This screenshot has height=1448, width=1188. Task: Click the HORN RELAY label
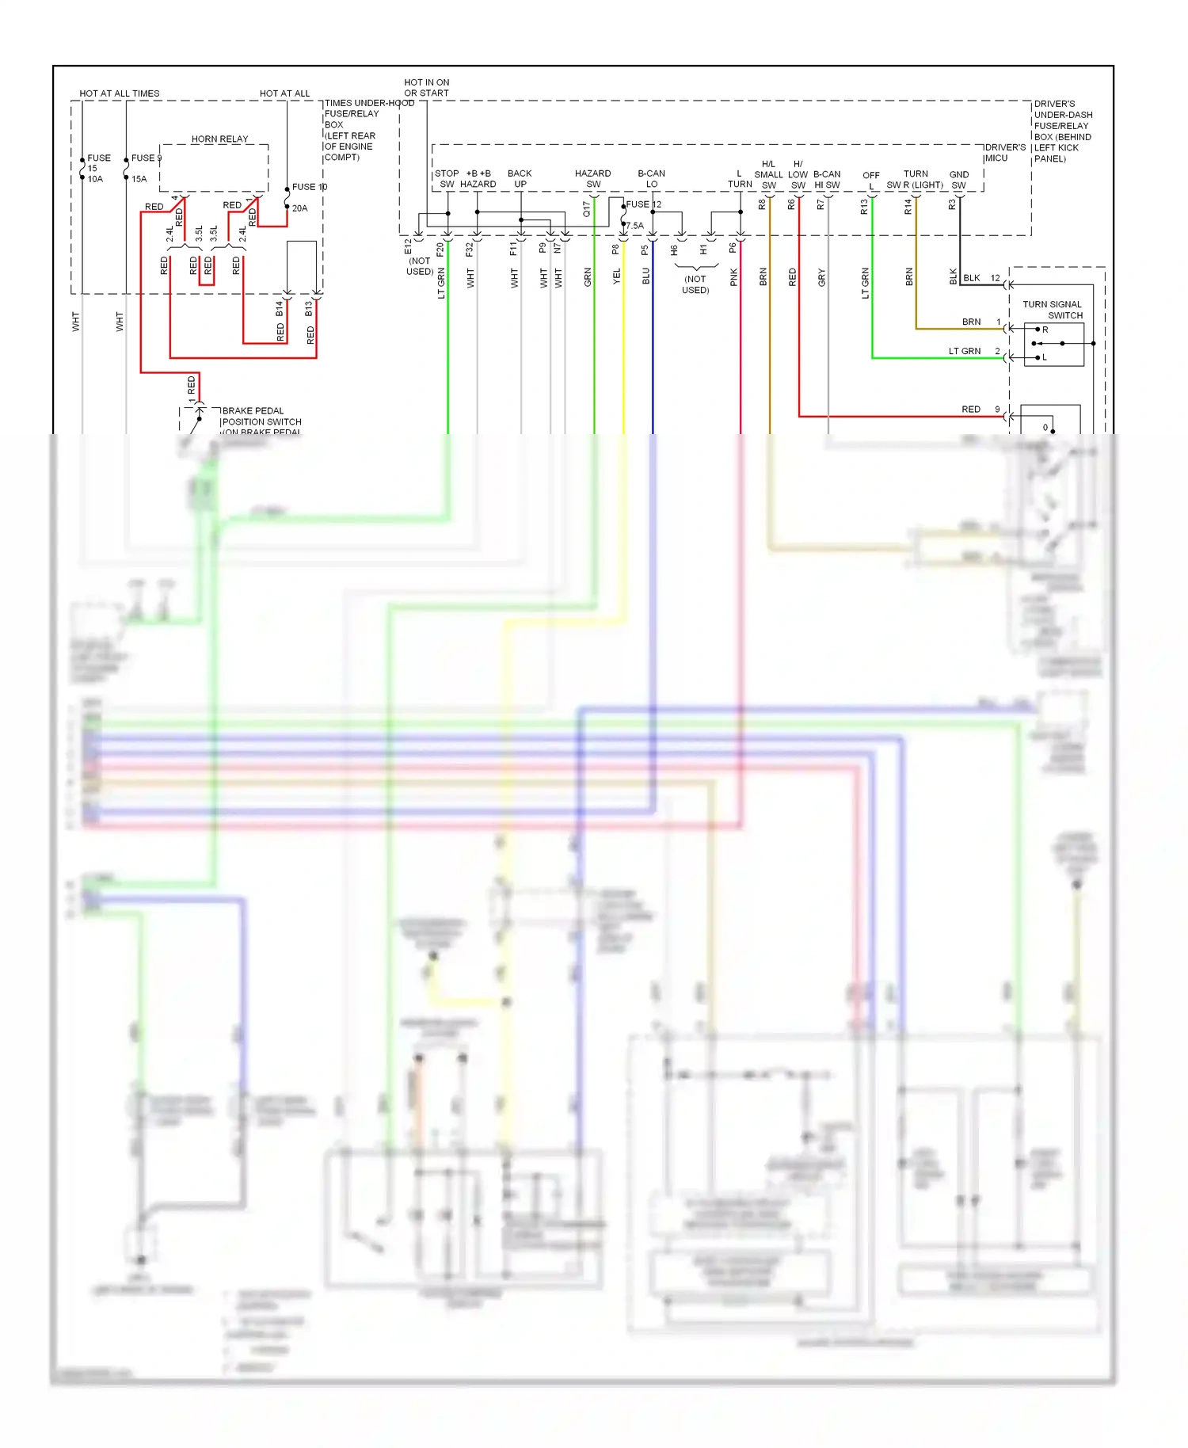219,139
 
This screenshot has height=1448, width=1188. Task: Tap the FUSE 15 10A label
97,168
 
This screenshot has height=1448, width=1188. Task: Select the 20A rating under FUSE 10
299,208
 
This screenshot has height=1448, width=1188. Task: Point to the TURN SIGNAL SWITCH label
1053,310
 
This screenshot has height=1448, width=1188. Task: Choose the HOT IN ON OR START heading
426,87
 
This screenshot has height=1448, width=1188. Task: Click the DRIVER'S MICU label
1004,152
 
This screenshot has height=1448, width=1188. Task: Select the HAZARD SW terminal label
592,178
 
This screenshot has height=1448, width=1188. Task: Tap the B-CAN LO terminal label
651,178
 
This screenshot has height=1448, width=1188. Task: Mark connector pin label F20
440,249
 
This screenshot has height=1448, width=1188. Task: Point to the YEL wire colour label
617,276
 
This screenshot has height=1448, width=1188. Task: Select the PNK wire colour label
734,276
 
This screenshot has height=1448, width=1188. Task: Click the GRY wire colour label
822,277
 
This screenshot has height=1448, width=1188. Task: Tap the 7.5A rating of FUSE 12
635,226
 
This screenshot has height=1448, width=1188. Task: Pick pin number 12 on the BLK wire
995,278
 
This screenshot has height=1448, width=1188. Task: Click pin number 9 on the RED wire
997,410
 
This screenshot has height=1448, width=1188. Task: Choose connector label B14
280,308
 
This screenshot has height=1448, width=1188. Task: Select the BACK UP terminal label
520,178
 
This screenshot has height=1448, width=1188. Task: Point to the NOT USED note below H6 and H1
695,284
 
